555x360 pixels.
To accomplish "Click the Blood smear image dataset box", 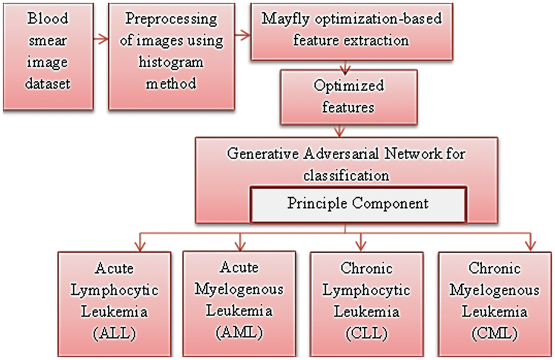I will [x=48, y=57].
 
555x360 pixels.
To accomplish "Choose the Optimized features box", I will [x=349, y=96].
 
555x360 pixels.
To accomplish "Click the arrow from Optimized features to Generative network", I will [x=338, y=130].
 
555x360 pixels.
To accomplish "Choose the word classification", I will [x=346, y=175].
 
